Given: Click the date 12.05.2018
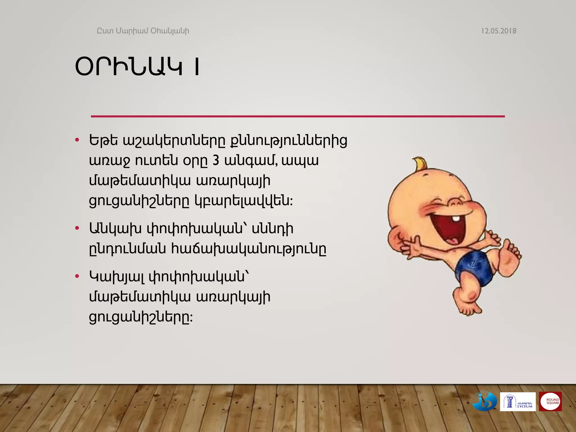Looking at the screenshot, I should pos(499,31).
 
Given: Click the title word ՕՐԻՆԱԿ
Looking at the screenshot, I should pos(129,67).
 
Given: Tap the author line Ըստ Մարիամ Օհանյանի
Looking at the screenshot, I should pos(143,31).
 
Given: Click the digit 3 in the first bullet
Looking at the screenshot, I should pos(216,161).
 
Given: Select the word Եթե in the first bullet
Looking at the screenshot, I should pos(103,140).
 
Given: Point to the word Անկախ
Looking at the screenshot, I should pos(115,228).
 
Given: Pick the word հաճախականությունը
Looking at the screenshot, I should pos(249,249).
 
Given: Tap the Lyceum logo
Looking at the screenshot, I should pos(517,402).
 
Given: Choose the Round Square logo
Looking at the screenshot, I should pos(550,401).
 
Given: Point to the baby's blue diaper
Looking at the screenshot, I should pos(475,267).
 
